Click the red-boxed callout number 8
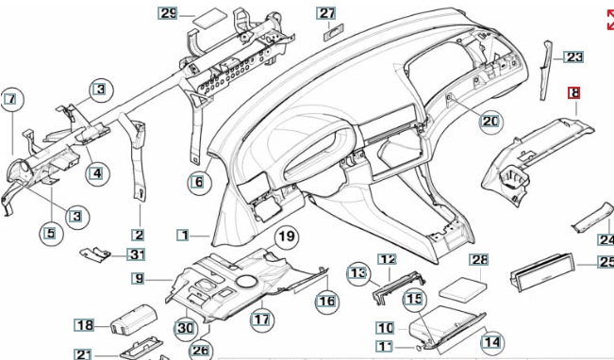[x=574, y=93]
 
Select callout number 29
[x=168, y=14]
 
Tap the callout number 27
[x=326, y=13]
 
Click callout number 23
[x=573, y=57]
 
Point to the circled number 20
[x=490, y=122]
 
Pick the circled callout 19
[x=287, y=237]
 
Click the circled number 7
[x=11, y=99]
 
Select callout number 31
[x=136, y=254]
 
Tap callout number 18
[x=84, y=325]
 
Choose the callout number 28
[x=479, y=259]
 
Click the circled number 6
[x=199, y=182]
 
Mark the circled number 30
[x=185, y=328]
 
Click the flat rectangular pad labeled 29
[x=210, y=18]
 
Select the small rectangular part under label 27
[x=333, y=32]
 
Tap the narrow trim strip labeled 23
[x=546, y=71]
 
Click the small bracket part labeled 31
[x=95, y=254]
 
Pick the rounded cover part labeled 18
[x=134, y=319]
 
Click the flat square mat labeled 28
[x=463, y=289]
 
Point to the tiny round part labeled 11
[x=418, y=347]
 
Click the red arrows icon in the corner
[x=610, y=20]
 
